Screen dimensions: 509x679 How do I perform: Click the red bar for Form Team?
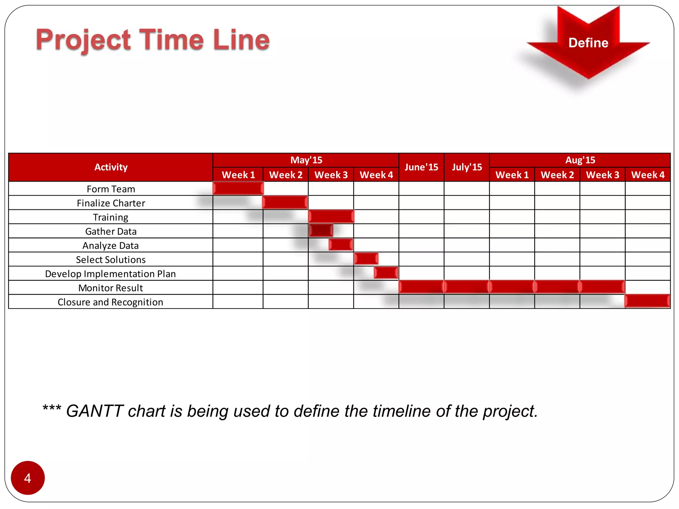[238, 188]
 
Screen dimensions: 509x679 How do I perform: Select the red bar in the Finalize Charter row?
[285, 202]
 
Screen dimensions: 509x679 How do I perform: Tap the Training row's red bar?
[331, 216]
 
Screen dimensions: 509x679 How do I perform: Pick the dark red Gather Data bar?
[321, 230]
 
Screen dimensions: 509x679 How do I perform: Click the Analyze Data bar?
[340, 245]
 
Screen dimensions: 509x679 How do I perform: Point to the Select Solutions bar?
[366, 258]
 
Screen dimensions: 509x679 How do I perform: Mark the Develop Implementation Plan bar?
[386, 273]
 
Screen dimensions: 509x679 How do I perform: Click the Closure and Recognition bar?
[647, 301]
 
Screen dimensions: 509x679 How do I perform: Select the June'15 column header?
[421, 167]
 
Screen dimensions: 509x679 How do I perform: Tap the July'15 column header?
[466, 167]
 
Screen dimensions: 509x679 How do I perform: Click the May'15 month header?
[306, 160]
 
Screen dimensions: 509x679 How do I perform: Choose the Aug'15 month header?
[580, 160]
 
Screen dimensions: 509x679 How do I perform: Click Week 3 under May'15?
[331, 175]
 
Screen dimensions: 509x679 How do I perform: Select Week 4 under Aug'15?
[648, 175]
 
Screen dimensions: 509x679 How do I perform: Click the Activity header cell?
[111, 167]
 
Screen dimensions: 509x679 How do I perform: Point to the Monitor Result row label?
[110, 288]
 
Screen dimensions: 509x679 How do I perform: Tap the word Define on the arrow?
[588, 43]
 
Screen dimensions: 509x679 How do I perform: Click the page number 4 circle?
[28, 478]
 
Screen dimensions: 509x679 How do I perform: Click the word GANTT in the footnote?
[95, 411]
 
